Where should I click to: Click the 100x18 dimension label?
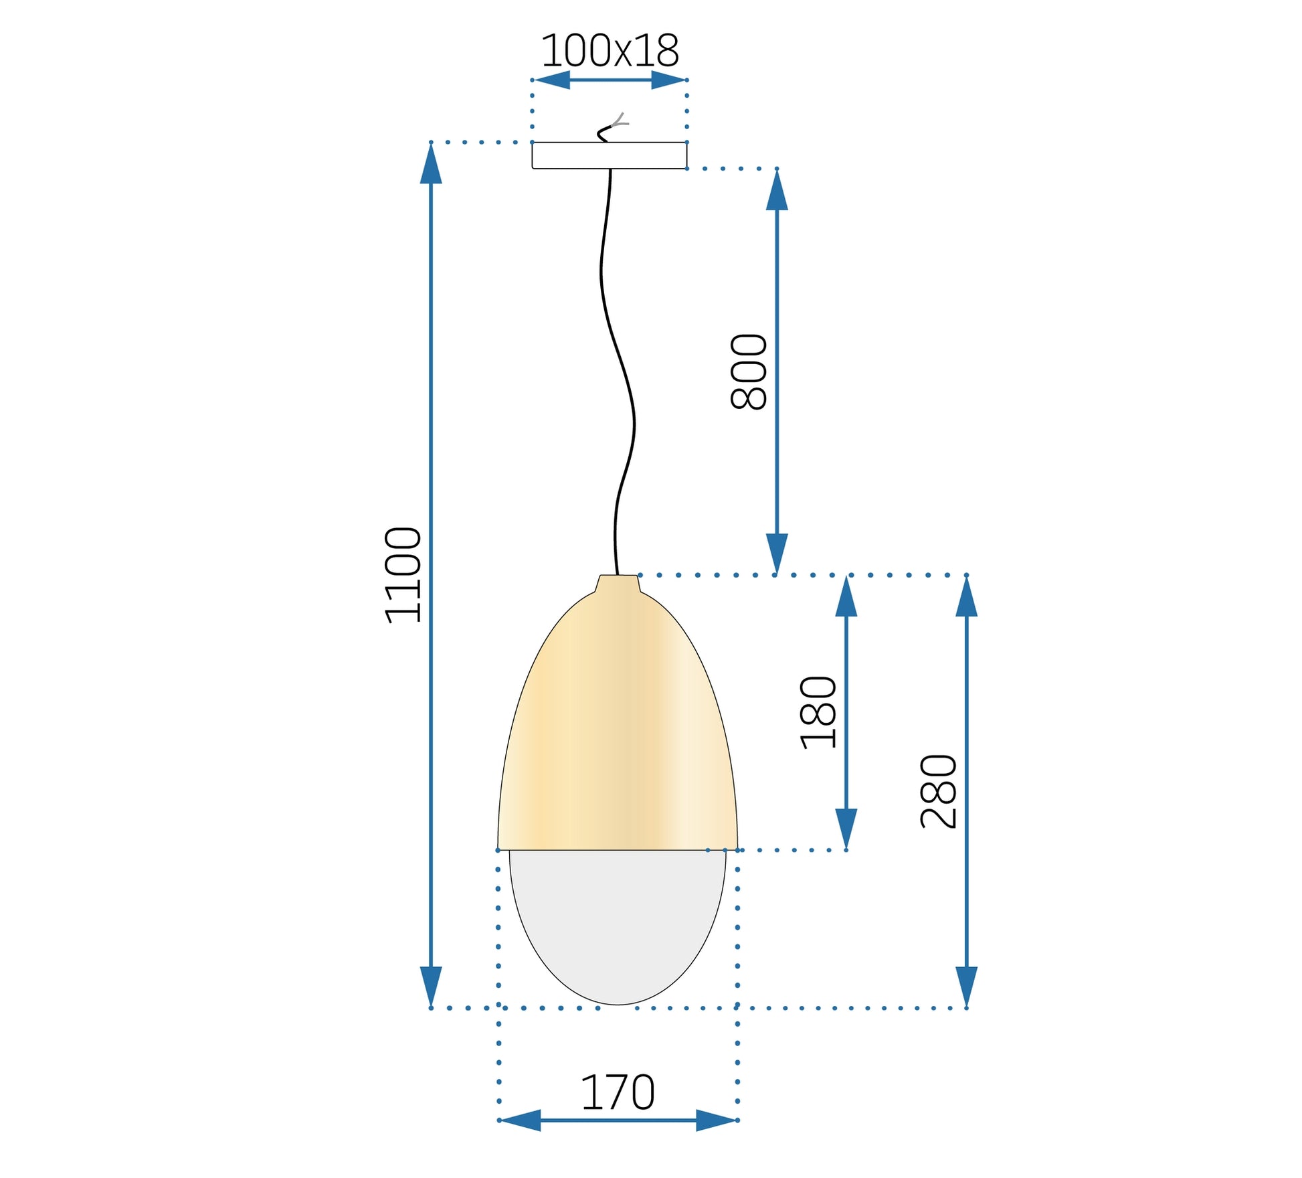610,50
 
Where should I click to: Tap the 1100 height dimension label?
403,575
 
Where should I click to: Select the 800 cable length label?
749,371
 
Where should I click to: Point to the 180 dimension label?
818,712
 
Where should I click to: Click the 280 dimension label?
939,791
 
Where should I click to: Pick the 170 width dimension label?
618,1093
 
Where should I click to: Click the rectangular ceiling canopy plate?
610,155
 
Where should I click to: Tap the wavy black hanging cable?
617,371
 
